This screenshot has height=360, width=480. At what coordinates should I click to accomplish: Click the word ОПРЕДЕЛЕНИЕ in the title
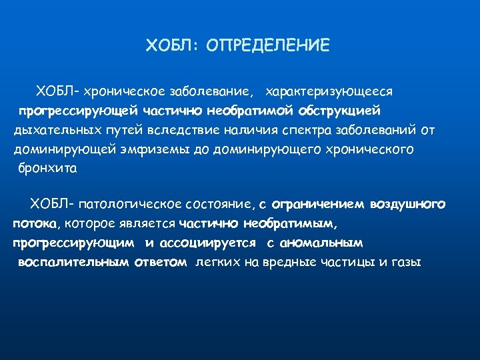point(268,46)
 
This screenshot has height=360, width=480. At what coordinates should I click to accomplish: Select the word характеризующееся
point(329,90)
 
